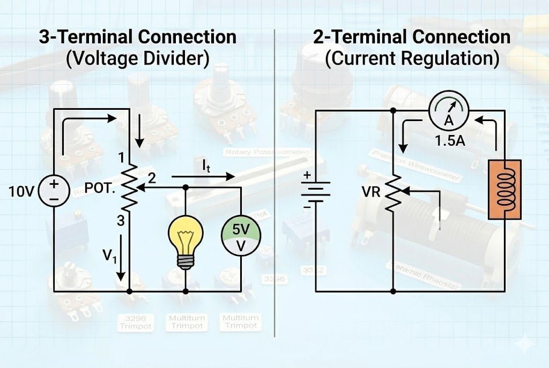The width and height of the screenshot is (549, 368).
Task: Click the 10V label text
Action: coord(21,191)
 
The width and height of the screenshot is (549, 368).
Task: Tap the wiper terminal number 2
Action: coord(152,179)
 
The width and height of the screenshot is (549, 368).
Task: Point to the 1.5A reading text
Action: coord(449,144)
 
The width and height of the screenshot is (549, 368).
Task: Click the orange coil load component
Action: coord(505,190)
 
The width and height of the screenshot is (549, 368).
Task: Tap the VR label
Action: coord(372,191)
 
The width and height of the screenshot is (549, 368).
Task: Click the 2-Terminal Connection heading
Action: coord(411,36)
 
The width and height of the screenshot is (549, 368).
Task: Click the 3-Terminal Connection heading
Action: coord(137,36)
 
